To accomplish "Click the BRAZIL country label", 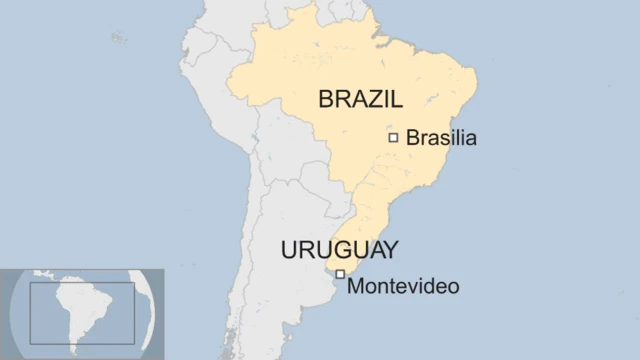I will pos(360,98).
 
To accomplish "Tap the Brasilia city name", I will pos(441,138).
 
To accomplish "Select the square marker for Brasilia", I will pos(393,137).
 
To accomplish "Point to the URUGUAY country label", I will pos(340,250).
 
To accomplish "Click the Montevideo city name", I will pos(403,286).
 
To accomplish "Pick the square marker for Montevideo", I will pos(340,274).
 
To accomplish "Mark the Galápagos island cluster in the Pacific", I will pos(119,38).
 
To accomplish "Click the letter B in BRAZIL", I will pos(326,98).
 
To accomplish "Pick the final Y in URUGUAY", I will pos(390,250).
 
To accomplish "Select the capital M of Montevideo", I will pos(354,286).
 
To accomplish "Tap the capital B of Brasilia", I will pos(412,138).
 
